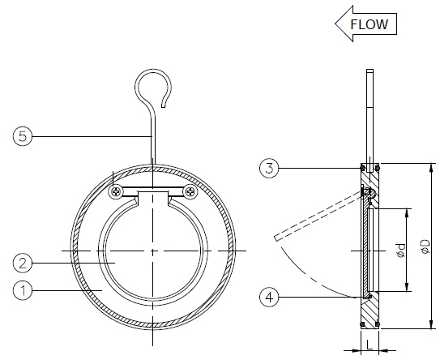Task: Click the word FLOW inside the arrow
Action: (369, 24)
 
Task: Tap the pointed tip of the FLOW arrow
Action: (335, 24)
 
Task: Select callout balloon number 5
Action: (23, 136)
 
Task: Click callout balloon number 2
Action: (23, 264)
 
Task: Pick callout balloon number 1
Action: (23, 290)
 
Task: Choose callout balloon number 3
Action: (269, 168)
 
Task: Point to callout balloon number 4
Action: (269, 297)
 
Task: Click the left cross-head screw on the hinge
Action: (116, 192)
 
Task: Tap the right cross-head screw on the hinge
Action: (190, 192)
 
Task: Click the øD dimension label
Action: (425, 246)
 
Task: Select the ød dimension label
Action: (402, 251)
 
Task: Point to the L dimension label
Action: (370, 345)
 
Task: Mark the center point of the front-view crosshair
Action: (152, 251)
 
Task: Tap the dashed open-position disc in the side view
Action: (318, 216)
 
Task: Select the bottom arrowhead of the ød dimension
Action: (407, 287)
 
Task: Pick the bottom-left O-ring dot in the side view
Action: (362, 324)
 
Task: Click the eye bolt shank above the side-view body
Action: (370, 116)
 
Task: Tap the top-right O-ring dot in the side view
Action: (378, 168)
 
